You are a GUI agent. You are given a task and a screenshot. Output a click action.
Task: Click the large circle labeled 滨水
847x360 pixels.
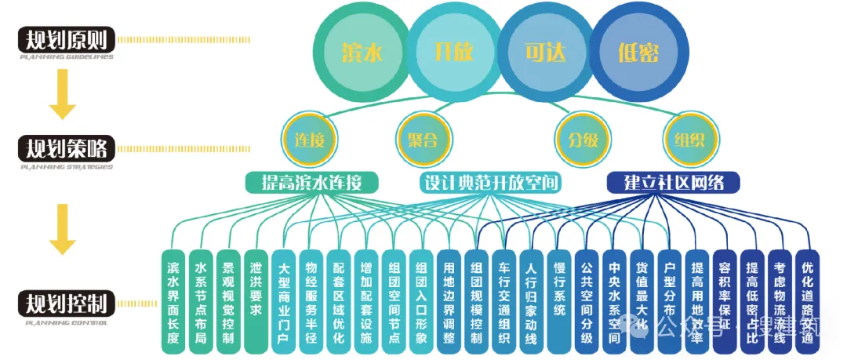[362, 52]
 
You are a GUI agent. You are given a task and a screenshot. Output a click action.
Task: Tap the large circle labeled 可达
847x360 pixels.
[546, 52]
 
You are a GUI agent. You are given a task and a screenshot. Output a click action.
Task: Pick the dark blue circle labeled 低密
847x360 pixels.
[638, 52]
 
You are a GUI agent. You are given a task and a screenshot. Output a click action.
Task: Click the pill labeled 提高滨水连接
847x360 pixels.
[311, 183]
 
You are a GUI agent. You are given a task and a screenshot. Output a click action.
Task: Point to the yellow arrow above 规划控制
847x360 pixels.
[62, 230]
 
